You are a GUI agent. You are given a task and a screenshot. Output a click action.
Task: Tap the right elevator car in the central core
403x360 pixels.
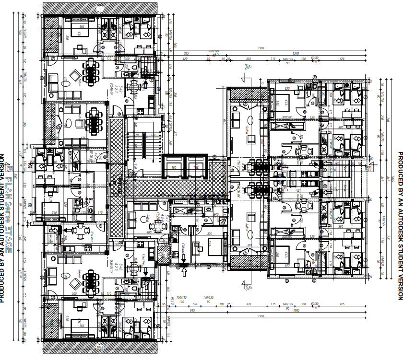point(196,168)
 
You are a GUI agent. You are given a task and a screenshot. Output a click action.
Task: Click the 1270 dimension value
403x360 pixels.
point(296,54)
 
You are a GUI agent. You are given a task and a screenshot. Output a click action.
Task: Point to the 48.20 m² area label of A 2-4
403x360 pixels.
point(159,217)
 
